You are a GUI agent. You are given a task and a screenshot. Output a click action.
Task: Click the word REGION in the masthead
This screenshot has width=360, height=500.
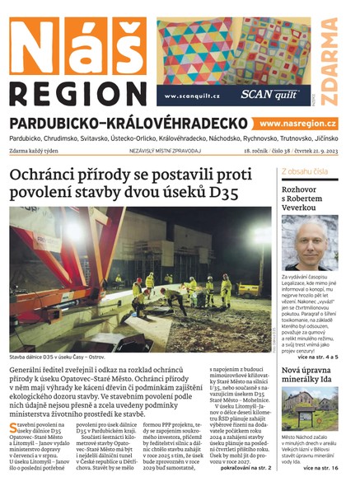(x=79, y=91)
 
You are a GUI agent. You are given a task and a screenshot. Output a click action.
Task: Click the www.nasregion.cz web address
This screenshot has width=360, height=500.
(x=302, y=123)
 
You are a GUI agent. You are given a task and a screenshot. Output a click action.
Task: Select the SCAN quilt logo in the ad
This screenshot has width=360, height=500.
(x=274, y=95)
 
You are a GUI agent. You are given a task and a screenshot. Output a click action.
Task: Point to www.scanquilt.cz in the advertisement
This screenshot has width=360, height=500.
(x=192, y=96)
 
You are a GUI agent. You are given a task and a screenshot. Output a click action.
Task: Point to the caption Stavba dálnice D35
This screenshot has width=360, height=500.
(x=57, y=358)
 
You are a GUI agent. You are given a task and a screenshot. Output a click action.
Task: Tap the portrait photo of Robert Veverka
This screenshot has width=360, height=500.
(x=309, y=243)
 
